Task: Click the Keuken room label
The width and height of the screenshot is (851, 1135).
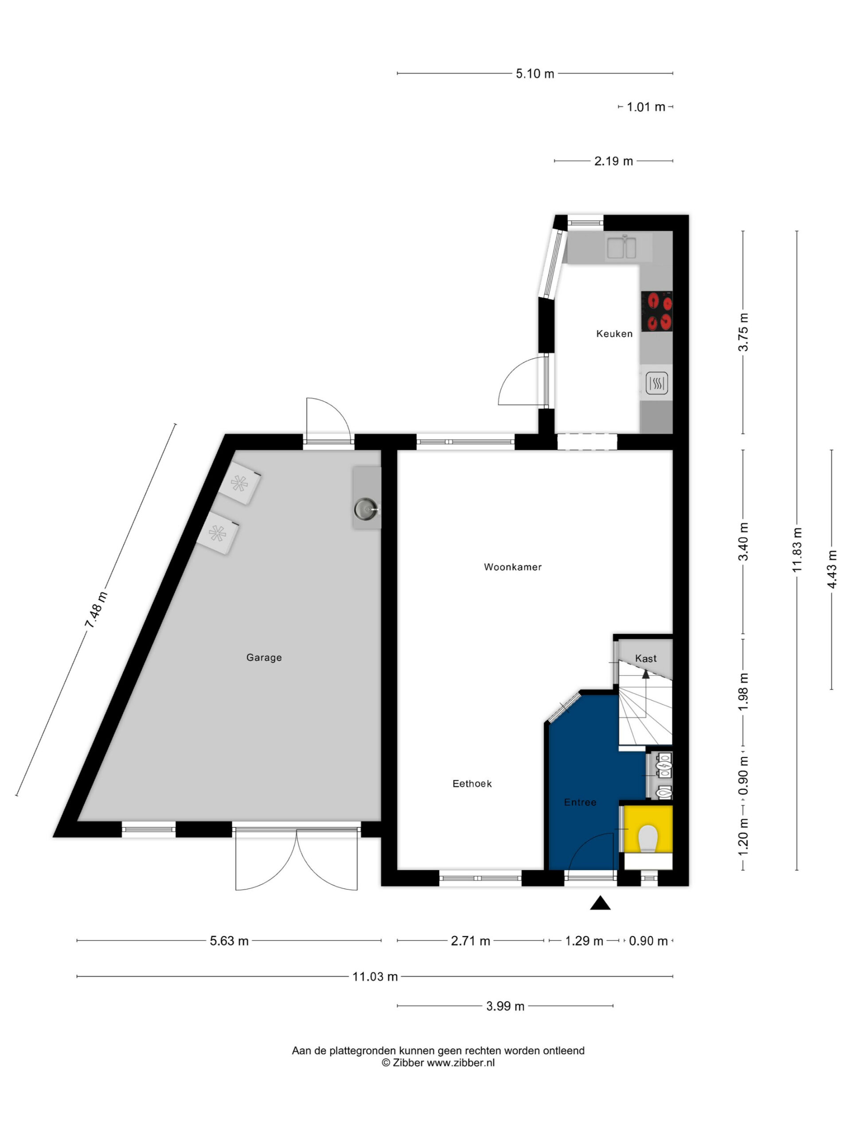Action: (614, 333)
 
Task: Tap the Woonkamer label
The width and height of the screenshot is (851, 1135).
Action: (512, 567)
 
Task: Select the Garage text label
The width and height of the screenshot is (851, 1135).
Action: (264, 658)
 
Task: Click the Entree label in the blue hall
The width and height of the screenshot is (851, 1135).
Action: (580, 802)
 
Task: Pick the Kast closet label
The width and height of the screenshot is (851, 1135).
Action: (646, 658)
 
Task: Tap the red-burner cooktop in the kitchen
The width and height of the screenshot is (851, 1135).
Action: (656, 311)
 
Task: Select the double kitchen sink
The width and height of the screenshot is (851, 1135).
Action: (622, 247)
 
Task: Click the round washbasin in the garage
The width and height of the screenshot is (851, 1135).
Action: (365, 509)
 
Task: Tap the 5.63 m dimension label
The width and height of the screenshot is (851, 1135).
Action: (229, 940)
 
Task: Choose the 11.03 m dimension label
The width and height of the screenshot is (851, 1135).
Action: (375, 976)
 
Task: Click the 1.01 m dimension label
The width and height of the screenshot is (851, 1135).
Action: (646, 107)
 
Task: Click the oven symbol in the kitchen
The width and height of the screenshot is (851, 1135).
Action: (656, 383)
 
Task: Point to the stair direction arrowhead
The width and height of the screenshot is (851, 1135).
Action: (646, 674)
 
